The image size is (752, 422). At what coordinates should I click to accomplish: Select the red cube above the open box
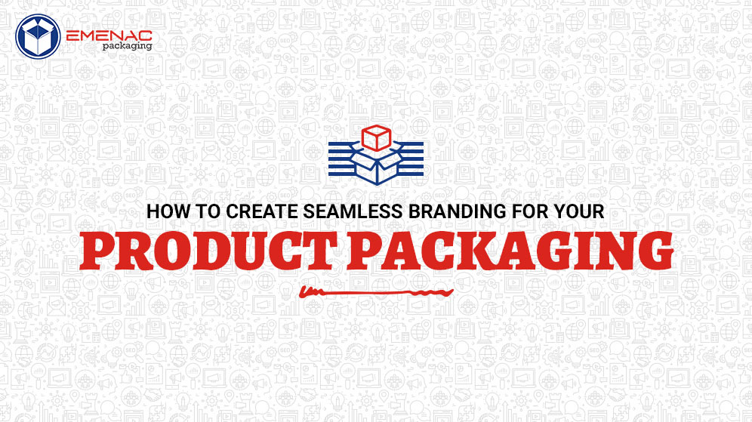[375, 137]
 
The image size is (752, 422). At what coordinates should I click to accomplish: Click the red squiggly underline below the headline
[375, 291]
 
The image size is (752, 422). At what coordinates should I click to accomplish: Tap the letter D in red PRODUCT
[218, 252]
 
